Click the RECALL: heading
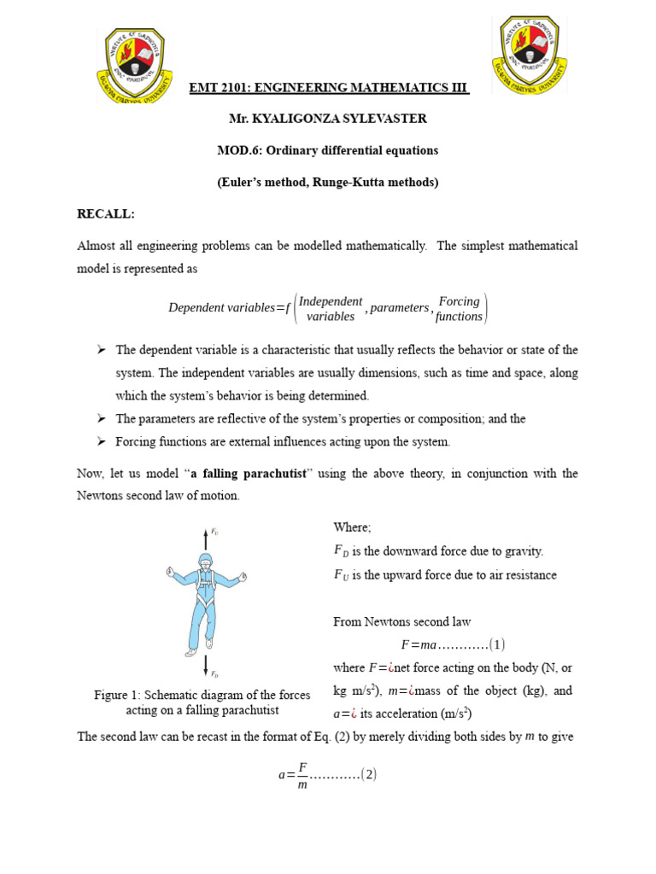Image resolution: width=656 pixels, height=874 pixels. pos(106,213)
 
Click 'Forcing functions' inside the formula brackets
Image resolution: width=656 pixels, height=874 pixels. pos(459,308)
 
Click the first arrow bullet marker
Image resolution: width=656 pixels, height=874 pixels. pos(101,350)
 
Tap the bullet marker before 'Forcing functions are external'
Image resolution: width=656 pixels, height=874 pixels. pos(101,441)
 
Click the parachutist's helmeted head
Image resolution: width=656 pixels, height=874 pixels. pos(206,561)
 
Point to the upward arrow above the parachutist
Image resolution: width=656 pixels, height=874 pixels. pos(205,538)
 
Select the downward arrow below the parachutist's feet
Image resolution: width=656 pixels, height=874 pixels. pos(205,666)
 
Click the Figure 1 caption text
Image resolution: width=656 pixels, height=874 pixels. pos(202,702)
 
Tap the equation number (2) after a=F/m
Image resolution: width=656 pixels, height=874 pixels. pos(368,775)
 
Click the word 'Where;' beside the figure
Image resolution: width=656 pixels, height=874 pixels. pos(352,528)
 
